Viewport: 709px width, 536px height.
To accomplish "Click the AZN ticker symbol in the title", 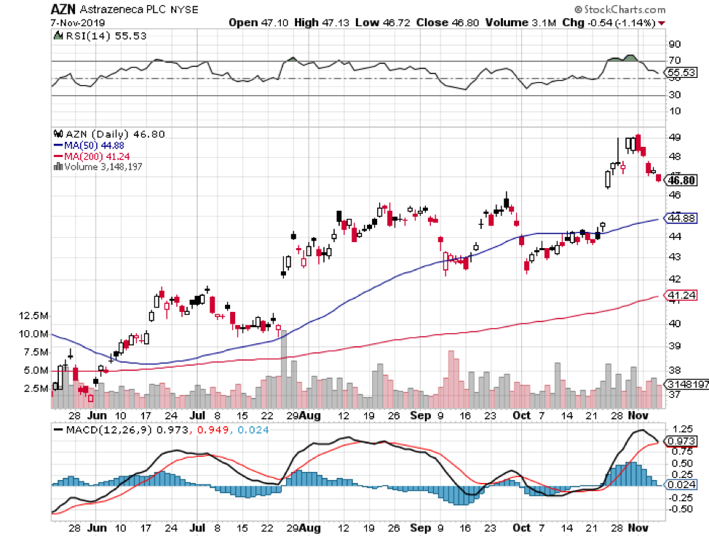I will (63, 9).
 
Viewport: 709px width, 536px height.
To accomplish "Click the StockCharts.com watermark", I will (621, 9).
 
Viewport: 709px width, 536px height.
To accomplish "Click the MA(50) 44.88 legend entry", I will (94, 145).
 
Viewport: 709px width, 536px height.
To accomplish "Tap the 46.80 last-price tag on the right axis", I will (681, 180).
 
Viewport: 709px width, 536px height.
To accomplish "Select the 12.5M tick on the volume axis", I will (34, 316).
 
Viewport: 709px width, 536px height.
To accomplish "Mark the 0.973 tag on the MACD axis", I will (681, 441).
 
